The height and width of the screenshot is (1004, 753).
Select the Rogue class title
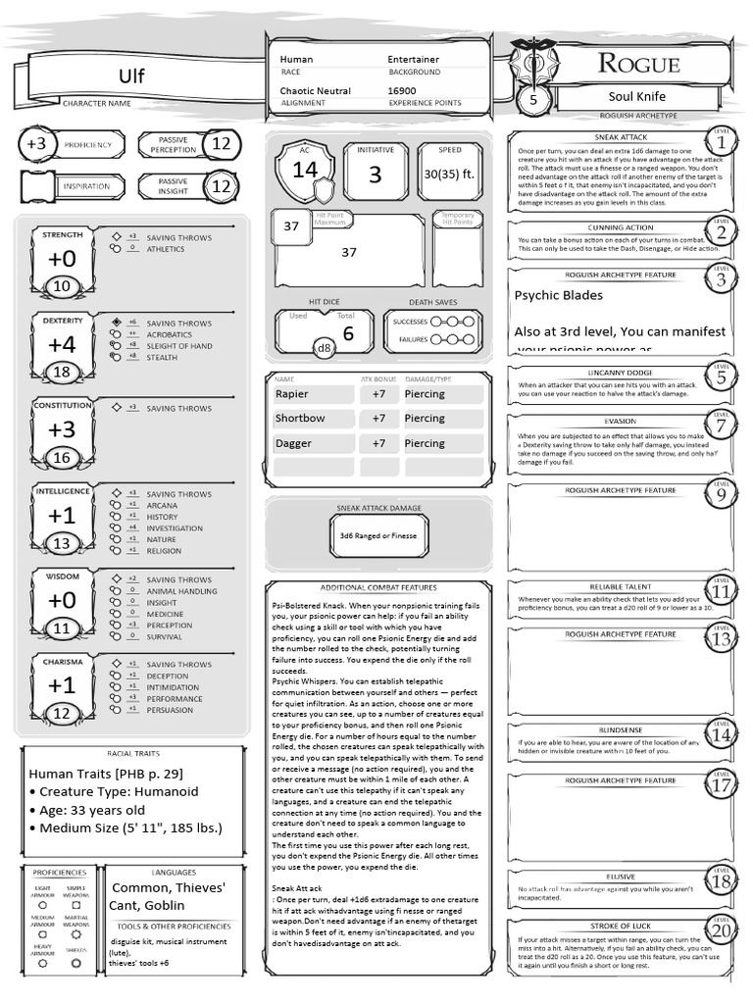(639, 65)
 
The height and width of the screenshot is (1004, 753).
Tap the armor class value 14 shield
(305, 169)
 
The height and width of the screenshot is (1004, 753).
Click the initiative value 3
(375, 176)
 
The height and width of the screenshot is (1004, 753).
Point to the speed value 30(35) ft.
(449, 174)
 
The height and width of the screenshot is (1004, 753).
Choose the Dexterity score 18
(62, 372)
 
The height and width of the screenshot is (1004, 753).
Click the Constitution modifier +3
(62, 428)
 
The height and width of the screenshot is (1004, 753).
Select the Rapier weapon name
(292, 394)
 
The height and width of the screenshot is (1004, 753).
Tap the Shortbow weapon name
(299, 419)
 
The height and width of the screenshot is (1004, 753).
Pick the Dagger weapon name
(293, 443)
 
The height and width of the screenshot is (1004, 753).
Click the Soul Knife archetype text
(636, 97)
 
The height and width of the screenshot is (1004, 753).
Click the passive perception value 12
(222, 144)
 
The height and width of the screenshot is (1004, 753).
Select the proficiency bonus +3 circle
(36, 144)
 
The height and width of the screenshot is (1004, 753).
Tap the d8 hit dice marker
(324, 348)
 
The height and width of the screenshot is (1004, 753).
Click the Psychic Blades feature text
(559, 295)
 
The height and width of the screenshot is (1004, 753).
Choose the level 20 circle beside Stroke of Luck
(722, 930)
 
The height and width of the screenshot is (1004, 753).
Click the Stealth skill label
(162, 358)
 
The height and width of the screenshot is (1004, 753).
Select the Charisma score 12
(62, 714)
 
